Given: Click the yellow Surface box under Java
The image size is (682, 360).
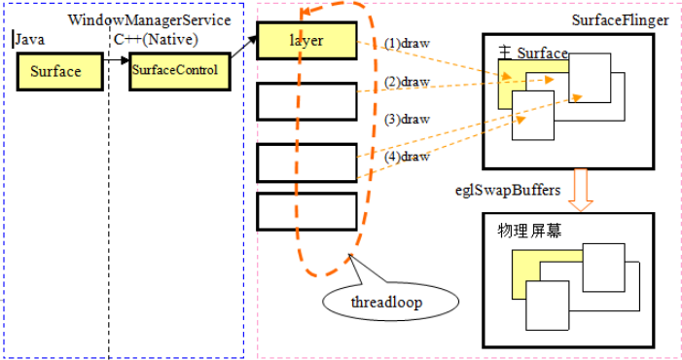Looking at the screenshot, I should click(x=56, y=72).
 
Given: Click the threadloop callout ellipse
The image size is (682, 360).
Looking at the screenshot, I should click(x=387, y=302).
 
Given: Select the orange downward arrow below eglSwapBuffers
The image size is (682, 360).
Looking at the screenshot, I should click(x=581, y=190).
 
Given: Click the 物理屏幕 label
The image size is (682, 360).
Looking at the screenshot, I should click(x=531, y=232).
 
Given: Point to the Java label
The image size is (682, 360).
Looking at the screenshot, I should click(x=30, y=40).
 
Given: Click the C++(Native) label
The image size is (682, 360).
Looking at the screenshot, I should click(x=157, y=40).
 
